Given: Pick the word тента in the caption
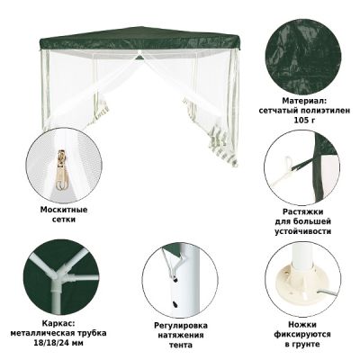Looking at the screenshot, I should pos(182,345).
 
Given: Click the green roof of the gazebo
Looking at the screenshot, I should pos(135,40).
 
